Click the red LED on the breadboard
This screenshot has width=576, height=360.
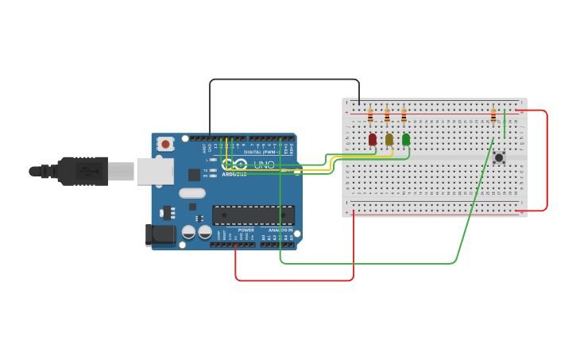[x=372, y=140]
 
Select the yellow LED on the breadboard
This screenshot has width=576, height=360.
[x=389, y=140]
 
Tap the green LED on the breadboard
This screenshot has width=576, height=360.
[x=406, y=140]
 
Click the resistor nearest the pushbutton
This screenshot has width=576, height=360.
[x=493, y=118]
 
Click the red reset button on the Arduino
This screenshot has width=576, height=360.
[x=165, y=144]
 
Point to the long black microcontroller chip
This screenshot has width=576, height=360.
[x=253, y=215]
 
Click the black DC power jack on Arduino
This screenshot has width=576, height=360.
[x=160, y=234]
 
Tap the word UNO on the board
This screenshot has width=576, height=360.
[x=265, y=165]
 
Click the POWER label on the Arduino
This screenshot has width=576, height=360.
[x=246, y=230]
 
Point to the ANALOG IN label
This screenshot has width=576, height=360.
[x=280, y=230]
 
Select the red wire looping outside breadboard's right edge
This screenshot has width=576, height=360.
[x=547, y=159]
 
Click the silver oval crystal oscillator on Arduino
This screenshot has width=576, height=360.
[x=192, y=193]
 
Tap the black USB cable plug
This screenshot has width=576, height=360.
[x=83, y=171]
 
